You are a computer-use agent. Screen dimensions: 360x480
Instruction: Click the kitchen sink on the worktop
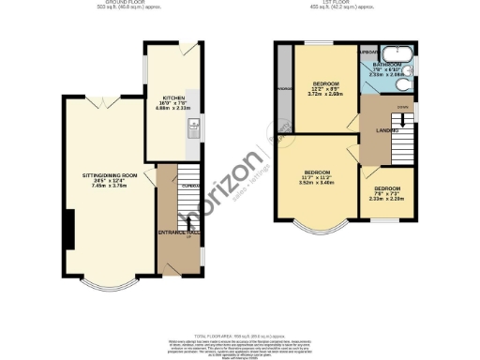tap(192, 130)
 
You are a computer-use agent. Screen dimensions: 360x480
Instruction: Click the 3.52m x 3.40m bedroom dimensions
tap(319, 183)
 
